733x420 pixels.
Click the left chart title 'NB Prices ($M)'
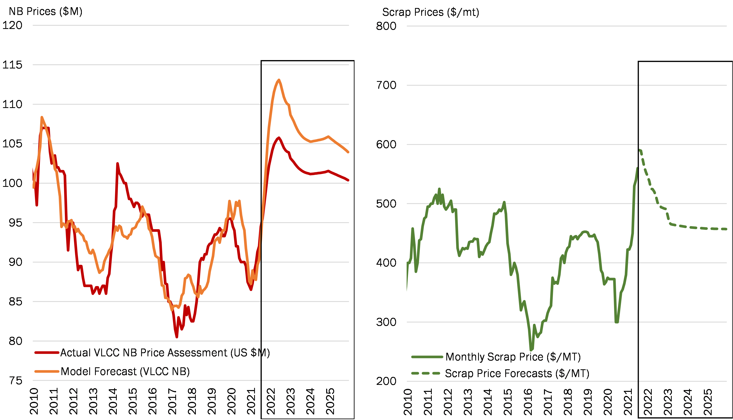click(x=46, y=12)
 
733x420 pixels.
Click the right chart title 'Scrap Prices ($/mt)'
click(x=430, y=12)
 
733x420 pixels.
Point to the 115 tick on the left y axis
click(x=12, y=65)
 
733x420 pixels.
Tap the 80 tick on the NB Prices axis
click(x=15, y=341)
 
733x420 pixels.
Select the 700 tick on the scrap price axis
click(x=386, y=85)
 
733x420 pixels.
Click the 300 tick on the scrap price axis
click(x=386, y=322)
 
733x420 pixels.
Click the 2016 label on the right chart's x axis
click(x=527, y=402)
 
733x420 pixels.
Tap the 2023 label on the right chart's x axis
click(x=668, y=402)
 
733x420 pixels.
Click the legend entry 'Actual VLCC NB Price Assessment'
click(x=165, y=353)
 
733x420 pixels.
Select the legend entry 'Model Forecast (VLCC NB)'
click(x=125, y=371)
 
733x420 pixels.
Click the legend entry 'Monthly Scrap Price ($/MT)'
click(x=513, y=357)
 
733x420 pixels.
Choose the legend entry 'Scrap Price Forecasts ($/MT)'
click(x=517, y=373)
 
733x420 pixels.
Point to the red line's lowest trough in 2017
click(x=176, y=337)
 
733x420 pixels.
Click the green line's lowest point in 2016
click(x=531, y=350)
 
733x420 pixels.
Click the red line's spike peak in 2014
click(x=117, y=163)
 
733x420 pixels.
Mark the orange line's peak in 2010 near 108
click(x=42, y=117)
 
